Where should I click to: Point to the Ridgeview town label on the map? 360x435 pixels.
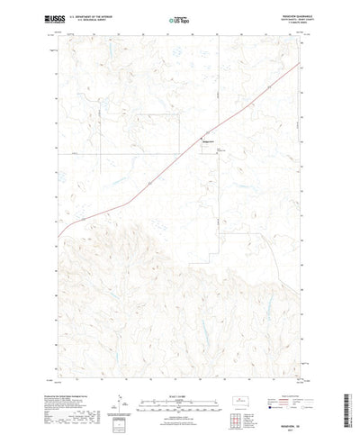coord(206,142)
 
